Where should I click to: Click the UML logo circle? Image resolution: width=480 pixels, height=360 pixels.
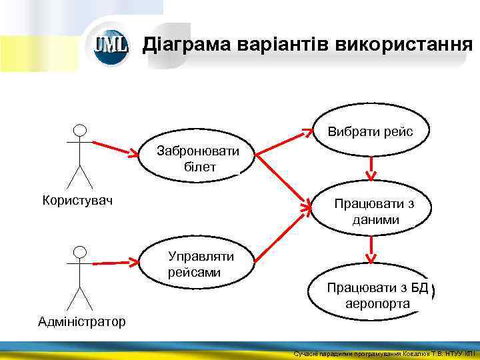pos(111,45)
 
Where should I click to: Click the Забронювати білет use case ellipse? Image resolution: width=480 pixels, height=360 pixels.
pos(198,159)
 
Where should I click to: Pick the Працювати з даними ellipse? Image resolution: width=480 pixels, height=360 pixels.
pos(373,211)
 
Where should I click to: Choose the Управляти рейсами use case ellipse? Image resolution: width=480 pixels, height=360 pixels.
pos(199,263)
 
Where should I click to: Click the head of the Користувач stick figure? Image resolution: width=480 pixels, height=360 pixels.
pos(80,129)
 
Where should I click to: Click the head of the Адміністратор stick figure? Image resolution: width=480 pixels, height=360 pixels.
pos(80,251)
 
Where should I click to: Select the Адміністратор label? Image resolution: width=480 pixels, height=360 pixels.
pos(81,322)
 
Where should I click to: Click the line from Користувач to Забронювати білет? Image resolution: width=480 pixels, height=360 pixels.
pos(117,148)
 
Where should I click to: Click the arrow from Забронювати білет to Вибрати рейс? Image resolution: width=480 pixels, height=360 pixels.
pos(283,141)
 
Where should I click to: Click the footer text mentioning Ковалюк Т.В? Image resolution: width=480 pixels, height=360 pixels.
pos(383,353)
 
